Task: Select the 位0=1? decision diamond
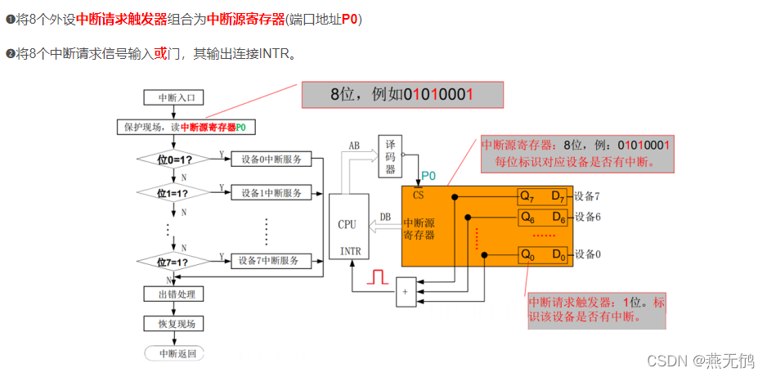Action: pyautogui.click(x=173, y=159)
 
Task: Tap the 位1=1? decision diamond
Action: pyautogui.click(x=173, y=193)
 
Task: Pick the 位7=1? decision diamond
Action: pyautogui.click(x=173, y=262)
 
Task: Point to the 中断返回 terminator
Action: pyautogui.click(x=173, y=353)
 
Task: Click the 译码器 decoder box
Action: pyautogui.click(x=390, y=156)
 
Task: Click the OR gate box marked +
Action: pyautogui.click(x=406, y=292)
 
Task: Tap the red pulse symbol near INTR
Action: pyautogui.click(x=377, y=277)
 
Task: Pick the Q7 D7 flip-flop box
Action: pyautogui.click(x=542, y=196)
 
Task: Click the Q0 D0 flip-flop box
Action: pyautogui.click(x=542, y=254)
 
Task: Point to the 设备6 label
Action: pyautogui.click(x=588, y=217)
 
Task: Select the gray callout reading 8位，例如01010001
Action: pyautogui.click(x=402, y=94)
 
